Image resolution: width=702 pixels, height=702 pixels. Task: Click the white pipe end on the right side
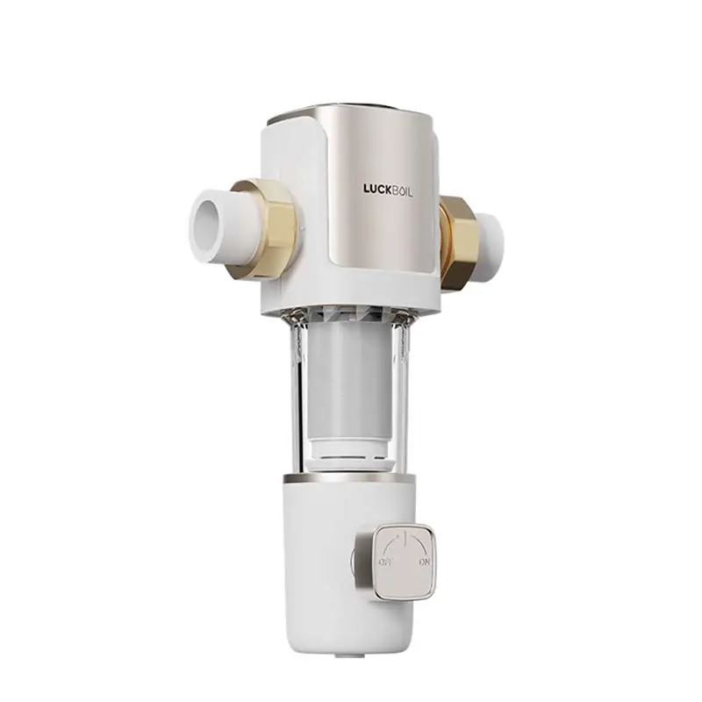pos(491,234)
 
